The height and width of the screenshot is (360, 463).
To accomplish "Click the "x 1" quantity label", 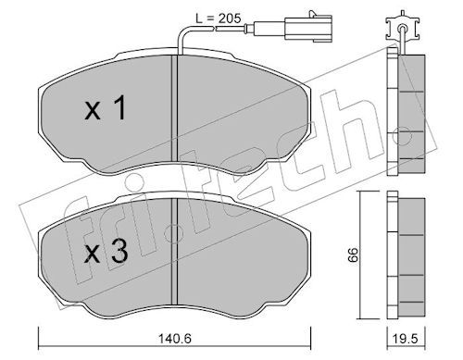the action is click(106, 107).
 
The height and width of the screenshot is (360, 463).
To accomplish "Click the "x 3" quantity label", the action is click(106, 252).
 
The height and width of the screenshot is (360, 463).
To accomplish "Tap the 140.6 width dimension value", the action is click(175, 339).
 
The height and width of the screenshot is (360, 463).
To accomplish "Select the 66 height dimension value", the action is click(353, 254).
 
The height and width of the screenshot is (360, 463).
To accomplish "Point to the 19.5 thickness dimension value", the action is click(406, 339).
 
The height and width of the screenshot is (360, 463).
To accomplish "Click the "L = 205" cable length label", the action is click(219, 19).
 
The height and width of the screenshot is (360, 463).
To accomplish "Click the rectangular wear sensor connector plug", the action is click(308, 29).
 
